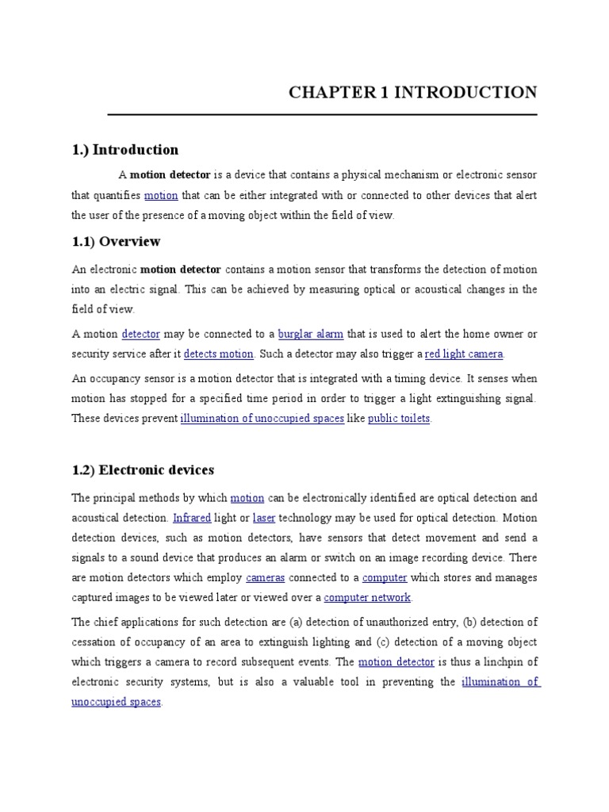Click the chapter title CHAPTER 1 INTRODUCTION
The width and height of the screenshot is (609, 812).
[x=412, y=92]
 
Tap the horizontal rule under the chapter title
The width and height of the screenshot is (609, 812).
[x=322, y=114]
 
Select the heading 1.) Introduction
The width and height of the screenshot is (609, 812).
[x=124, y=149]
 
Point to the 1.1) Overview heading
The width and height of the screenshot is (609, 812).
[x=116, y=241]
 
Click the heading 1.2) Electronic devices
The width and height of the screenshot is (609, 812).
[x=143, y=470]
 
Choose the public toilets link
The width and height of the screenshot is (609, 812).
[x=399, y=418]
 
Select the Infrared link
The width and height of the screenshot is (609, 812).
[x=192, y=518]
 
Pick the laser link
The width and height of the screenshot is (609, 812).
[x=264, y=518]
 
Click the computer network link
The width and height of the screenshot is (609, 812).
[x=369, y=597]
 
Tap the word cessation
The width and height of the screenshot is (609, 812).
[x=94, y=642]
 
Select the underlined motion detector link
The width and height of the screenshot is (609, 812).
[x=396, y=661]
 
